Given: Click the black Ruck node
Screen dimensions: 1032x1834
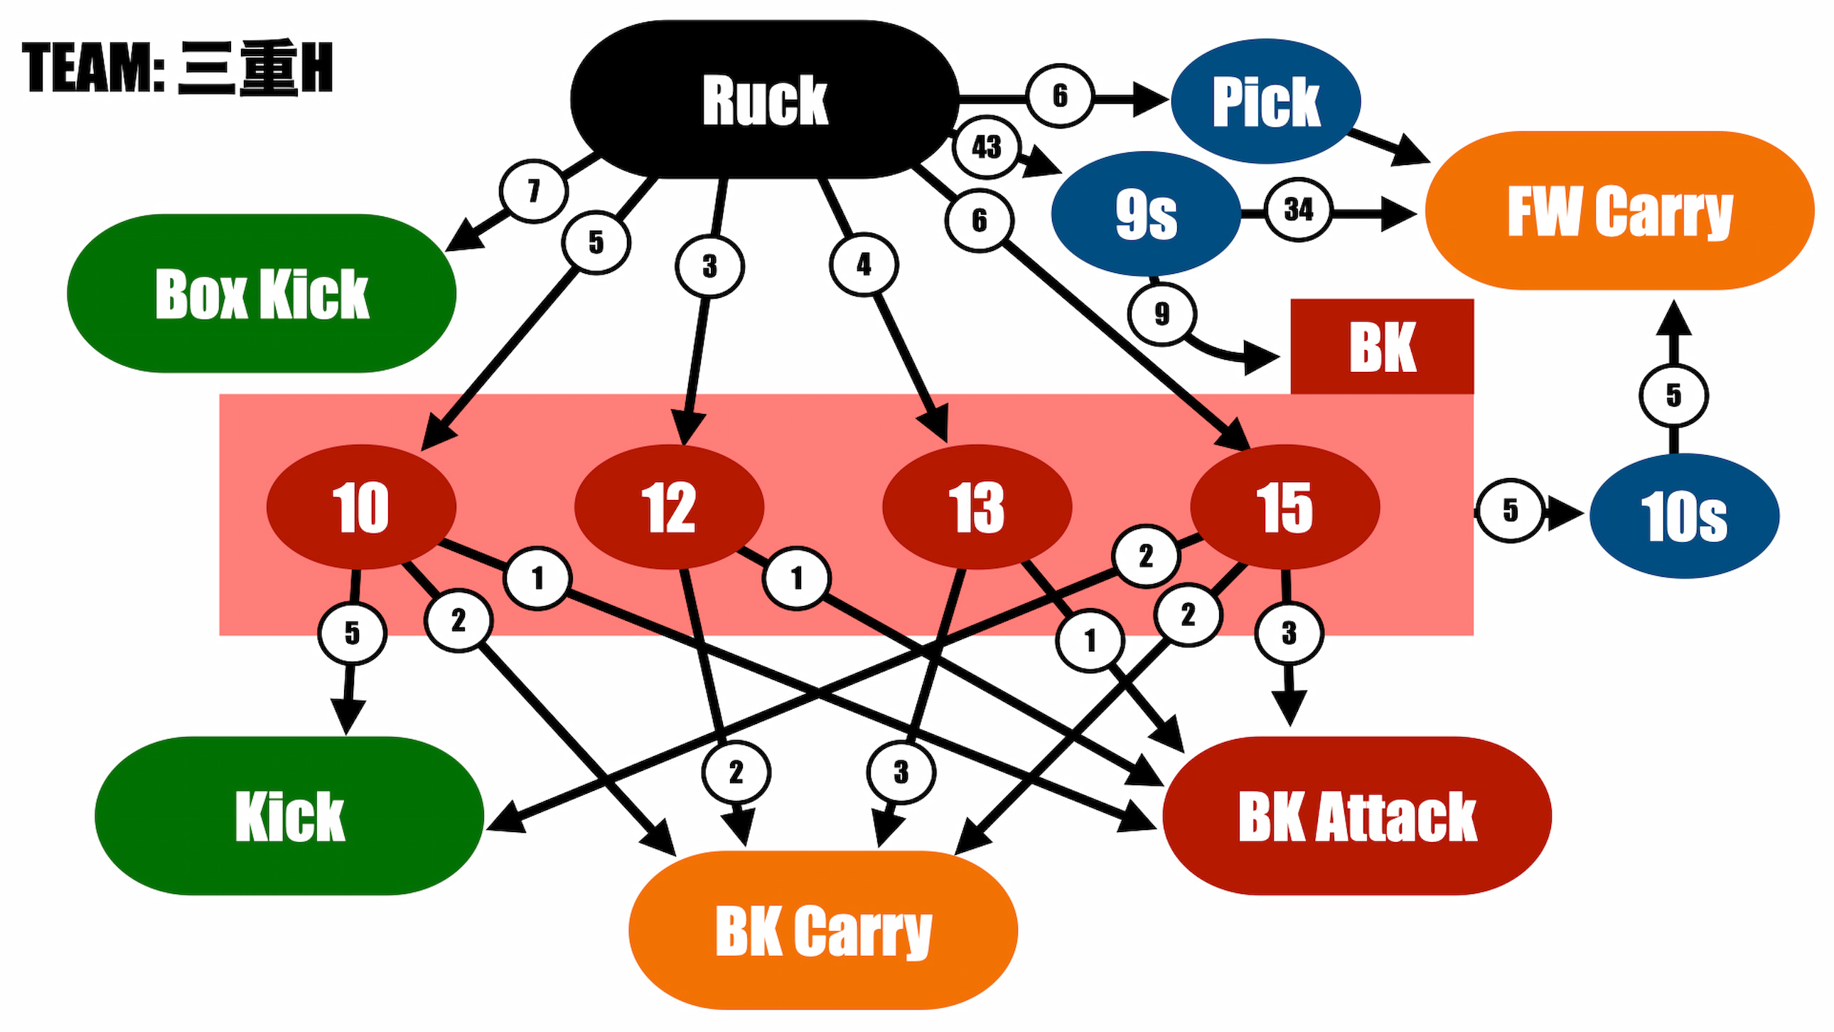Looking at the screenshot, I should point(765,100).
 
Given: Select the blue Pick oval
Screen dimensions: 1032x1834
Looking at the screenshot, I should point(1266,101).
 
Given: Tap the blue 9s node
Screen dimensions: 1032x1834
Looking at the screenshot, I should point(1145,213).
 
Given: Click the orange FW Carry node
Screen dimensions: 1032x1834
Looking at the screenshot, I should point(1620,211).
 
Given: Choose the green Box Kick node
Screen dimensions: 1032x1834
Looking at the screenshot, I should point(262,294).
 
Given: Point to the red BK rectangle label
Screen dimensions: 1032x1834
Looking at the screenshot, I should point(1382,347).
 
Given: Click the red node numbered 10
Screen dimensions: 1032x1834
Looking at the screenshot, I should point(361,507).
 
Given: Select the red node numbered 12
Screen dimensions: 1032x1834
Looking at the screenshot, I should point(668,507).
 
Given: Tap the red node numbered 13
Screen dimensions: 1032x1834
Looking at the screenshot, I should point(977,507).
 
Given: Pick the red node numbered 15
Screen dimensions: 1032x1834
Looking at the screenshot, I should point(1285,507).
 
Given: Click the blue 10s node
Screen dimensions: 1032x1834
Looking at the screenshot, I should point(1684,516).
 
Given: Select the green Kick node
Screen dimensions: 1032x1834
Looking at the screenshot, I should point(289,816).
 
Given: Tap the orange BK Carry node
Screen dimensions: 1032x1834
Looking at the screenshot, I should point(823,930).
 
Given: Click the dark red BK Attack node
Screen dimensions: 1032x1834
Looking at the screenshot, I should point(1357,816).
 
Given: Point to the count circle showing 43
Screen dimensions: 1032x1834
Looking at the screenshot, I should point(987,147).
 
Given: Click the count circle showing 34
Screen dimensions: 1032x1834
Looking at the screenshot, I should point(1298,209).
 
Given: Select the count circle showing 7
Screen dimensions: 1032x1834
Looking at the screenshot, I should point(533,191).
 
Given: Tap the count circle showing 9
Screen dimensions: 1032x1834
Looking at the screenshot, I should point(1162,314).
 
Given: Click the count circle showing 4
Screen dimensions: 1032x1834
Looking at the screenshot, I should point(864,265).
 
